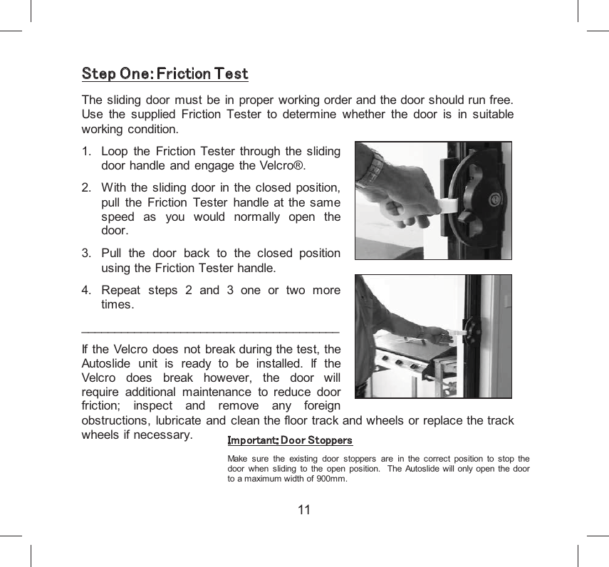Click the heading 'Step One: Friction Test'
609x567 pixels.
[165, 73]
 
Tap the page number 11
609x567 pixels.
[304, 510]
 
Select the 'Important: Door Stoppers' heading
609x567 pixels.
[289, 441]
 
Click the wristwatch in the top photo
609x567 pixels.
[370, 172]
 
